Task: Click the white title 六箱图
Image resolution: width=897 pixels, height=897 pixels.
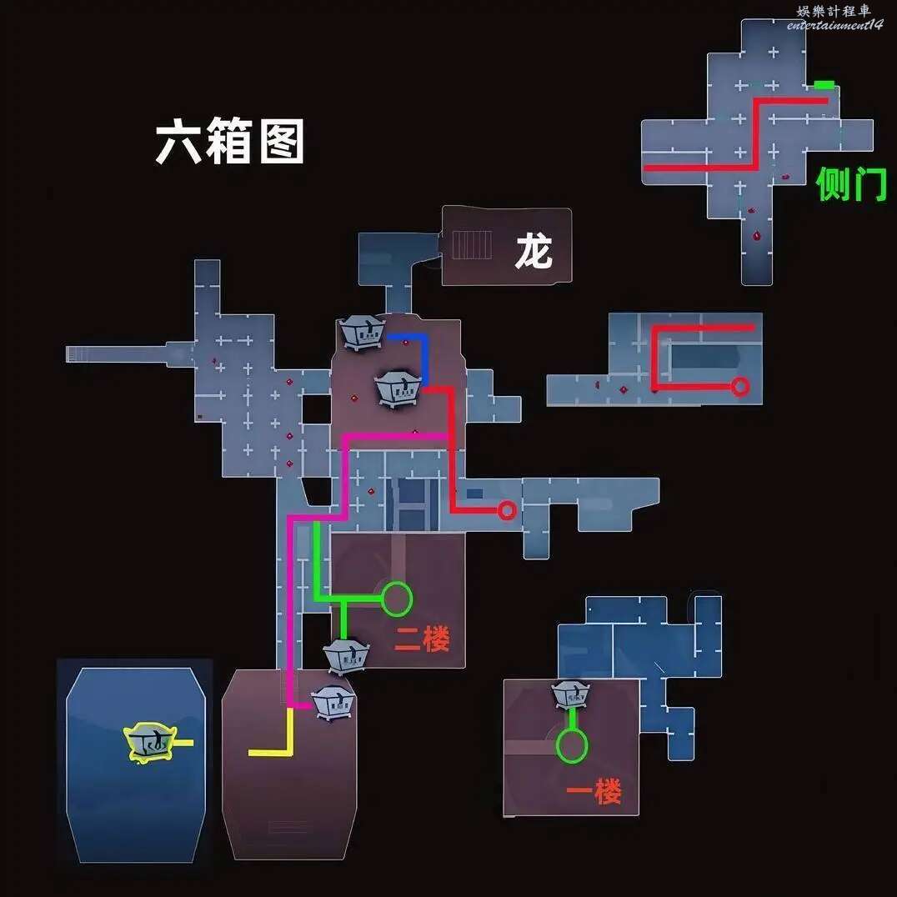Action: pos(229,141)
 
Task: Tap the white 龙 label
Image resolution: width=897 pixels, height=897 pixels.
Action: pos(534,252)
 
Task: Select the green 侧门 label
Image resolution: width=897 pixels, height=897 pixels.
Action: pos(850,184)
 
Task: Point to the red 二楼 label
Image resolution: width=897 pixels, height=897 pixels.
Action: pos(422,639)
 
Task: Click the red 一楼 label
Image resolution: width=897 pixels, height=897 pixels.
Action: pos(594,792)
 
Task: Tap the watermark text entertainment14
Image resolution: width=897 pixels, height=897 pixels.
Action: pos(834,25)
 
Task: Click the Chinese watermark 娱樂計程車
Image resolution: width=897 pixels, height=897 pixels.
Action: pos(834,11)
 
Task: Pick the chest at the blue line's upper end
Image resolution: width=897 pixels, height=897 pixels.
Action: pos(362,333)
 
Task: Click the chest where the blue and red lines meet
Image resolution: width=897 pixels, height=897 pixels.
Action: pos(398,388)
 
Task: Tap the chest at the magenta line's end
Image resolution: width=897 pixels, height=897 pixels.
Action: pos(333,703)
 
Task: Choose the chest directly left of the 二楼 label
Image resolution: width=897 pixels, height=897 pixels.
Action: pos(345,657)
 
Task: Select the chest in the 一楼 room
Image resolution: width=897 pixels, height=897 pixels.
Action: pos(572,694)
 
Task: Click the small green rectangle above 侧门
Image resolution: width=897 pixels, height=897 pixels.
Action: pos(824,85)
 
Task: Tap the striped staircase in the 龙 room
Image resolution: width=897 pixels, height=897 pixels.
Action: pos(472,245)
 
